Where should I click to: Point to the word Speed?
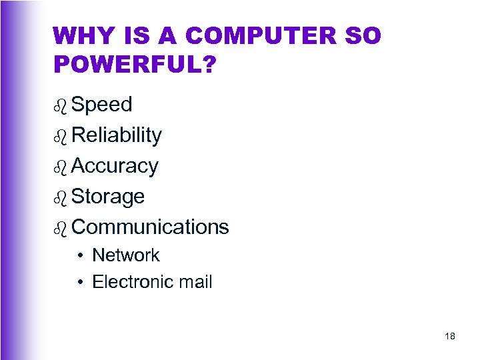click(102, 105)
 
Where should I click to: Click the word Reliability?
click(117, 135)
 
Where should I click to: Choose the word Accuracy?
click(115, 166)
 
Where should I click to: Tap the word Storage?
click(108, 197)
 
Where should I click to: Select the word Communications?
click(150, 227)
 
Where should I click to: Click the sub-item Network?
click(126, 255)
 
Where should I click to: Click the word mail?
click(195, 282)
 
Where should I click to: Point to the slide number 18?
click(449, 337)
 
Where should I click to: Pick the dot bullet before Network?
click(79, 256)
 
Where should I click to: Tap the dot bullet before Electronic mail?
click(79, 283)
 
